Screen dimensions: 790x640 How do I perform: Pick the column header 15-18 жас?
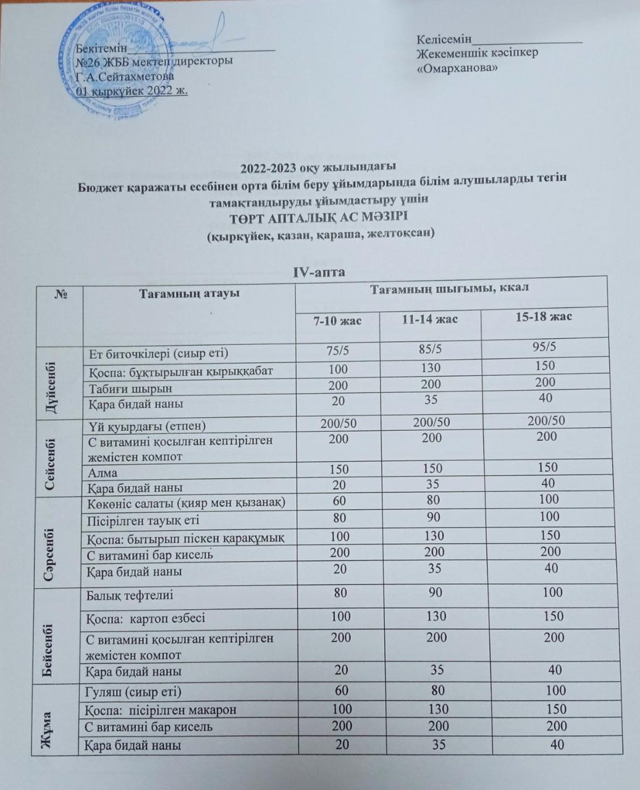coord(544,317)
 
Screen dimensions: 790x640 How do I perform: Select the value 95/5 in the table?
coord(544,347)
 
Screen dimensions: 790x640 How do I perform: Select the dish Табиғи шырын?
coord(129,389)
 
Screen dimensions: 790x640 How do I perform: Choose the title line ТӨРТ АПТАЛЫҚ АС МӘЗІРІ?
coord(319,217)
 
